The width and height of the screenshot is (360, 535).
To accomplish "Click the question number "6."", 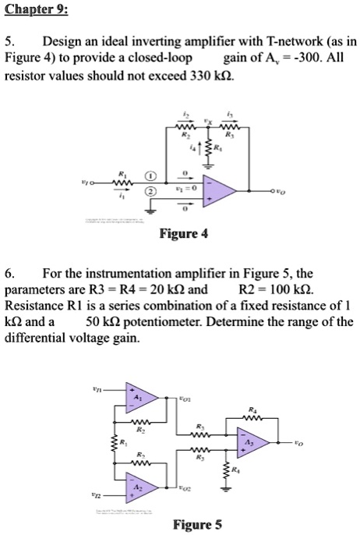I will (10, 274).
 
